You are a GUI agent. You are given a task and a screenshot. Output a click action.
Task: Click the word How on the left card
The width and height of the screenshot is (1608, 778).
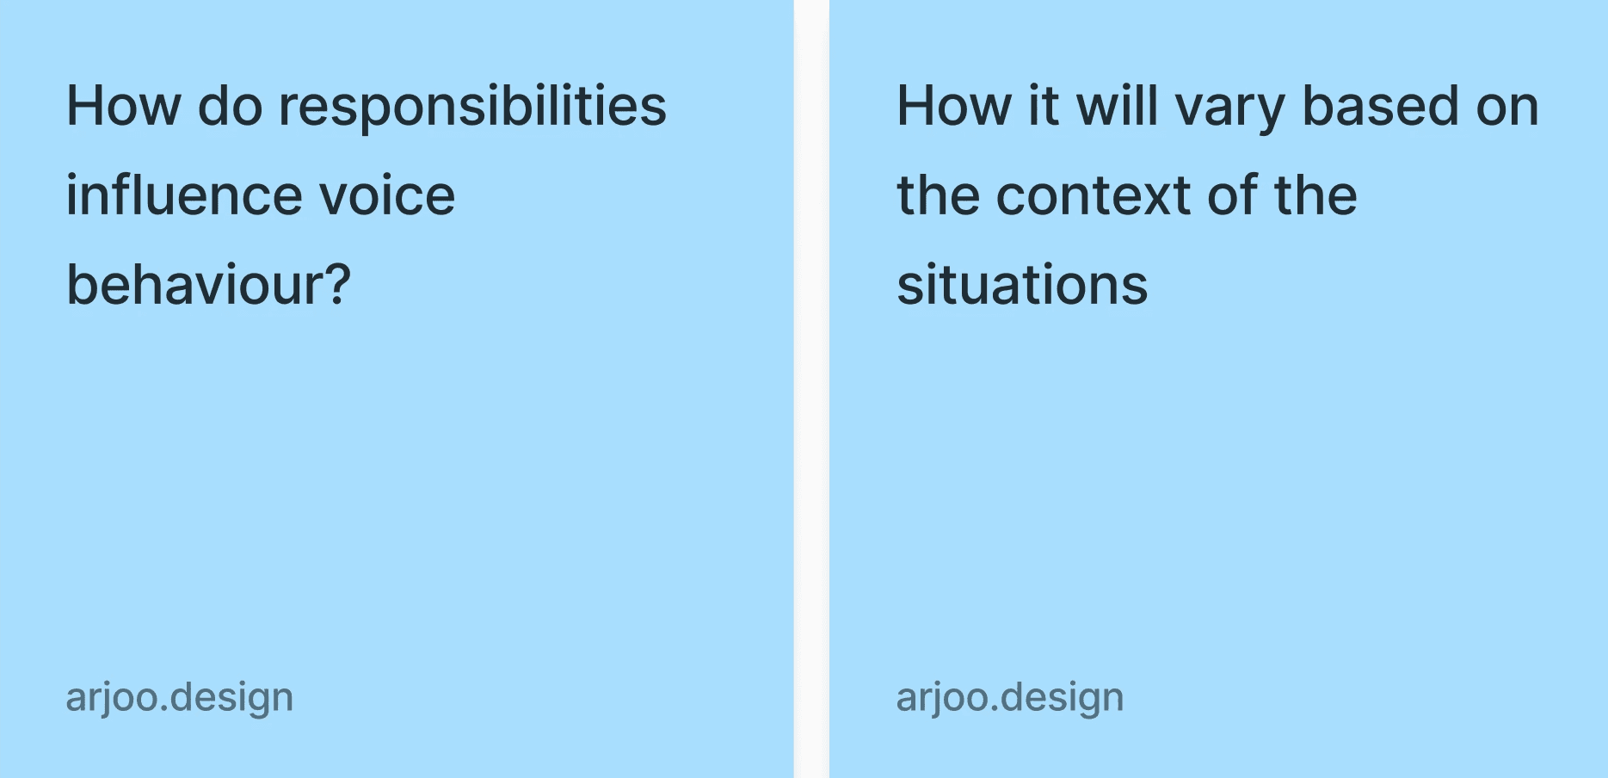click(124, 106)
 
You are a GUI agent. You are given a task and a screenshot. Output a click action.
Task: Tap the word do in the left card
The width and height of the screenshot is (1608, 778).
click(231, 106)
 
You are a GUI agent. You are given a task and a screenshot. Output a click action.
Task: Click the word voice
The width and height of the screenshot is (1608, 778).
click(387, 196)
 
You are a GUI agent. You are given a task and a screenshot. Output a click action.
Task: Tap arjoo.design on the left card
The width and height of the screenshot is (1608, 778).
click(180, 698)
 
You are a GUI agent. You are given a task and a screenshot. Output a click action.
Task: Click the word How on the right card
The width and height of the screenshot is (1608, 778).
click(954, 106)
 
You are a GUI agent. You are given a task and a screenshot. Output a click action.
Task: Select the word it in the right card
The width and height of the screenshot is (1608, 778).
click(1044, 106)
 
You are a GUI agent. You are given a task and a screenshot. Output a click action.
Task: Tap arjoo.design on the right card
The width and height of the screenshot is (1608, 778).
click(1010, 698)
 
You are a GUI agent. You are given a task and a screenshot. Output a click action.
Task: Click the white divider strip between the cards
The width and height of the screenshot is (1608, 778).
click(811, 389)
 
